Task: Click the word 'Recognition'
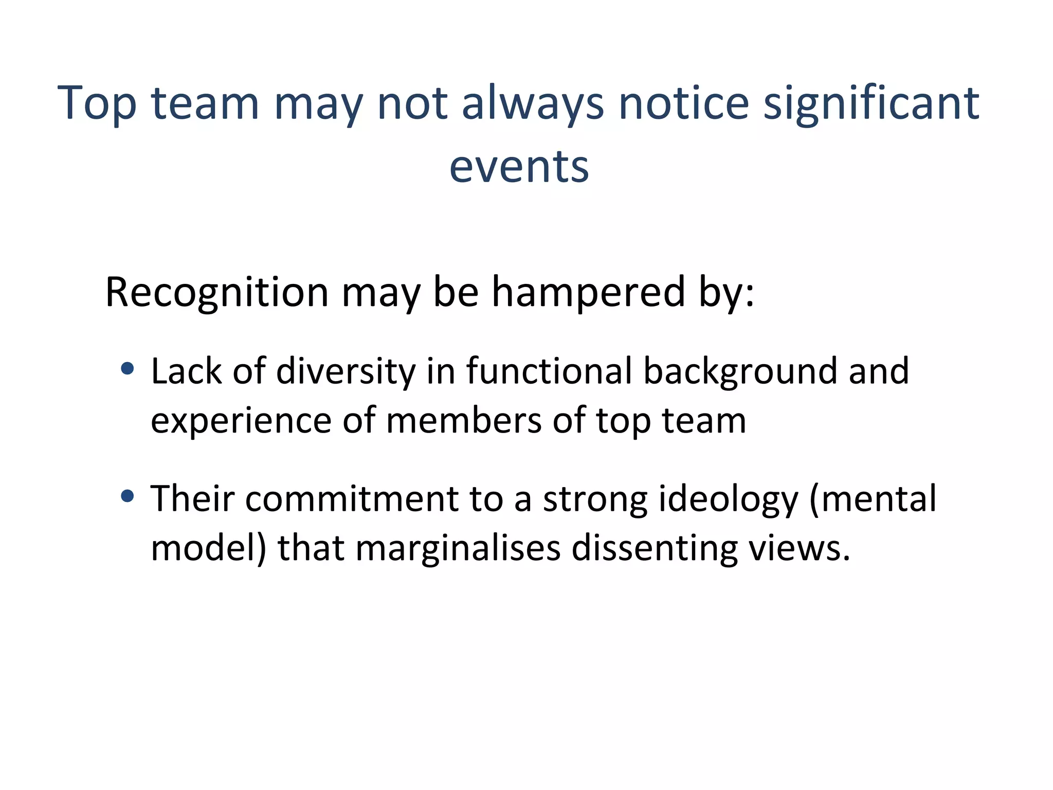pyautogui.click(x=216, y=292)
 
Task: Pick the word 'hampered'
pyautogui.click(x=588, y=292)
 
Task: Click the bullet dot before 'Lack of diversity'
pyautogui.click(x=127, y=368)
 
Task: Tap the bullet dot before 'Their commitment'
pyautogui.click(x=127, y=496)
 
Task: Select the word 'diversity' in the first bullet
pyautogui.click(x=346, y=371)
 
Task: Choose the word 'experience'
pyautogui.click(x=241, y=421)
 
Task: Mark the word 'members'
pyautogui.click(x=464, y=421)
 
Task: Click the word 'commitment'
pyautogui.click(x=352, y=498)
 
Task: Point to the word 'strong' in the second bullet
pyautogui.click(x=595, y=498)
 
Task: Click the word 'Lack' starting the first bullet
pyautogui.click(x=186, y=371)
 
